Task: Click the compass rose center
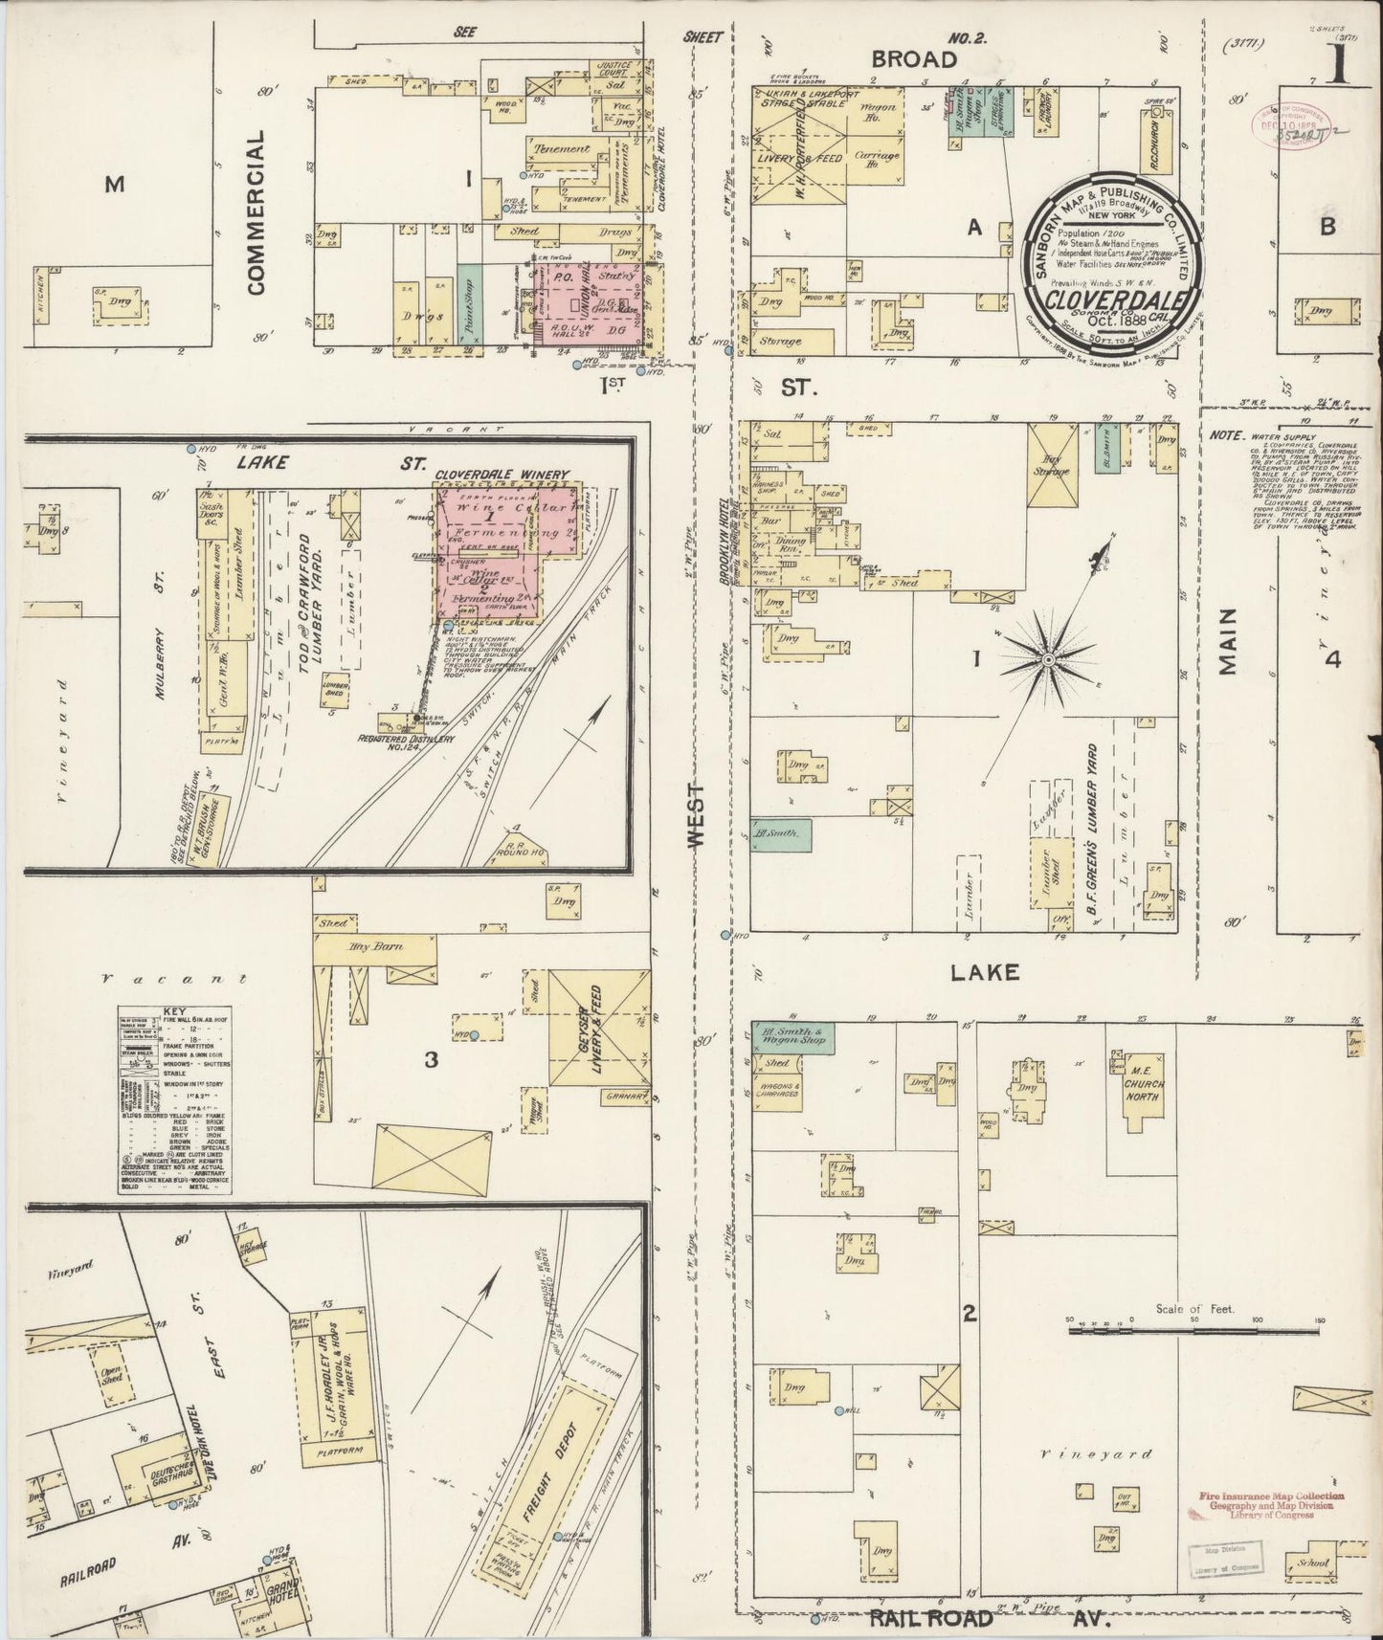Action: [1049, 659]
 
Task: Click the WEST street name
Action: [696, 814]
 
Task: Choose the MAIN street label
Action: [1230, 642]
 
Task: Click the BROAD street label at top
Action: [913, 59]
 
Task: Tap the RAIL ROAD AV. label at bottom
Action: [990, 1620]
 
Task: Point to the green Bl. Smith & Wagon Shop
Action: [792, 1034]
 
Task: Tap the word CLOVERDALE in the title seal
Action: [1107, 299]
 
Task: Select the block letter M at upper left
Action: [114, 184]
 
